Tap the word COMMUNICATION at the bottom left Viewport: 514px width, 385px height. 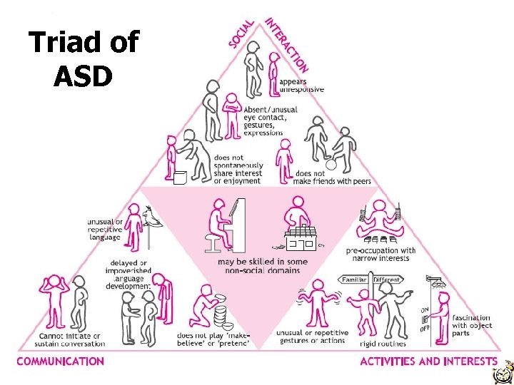61,361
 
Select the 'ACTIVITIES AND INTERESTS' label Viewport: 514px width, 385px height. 428,361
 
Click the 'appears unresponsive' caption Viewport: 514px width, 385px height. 301,86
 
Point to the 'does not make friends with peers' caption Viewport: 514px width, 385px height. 333,178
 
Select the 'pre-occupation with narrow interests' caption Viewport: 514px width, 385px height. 381,255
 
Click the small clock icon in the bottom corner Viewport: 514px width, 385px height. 504,372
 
